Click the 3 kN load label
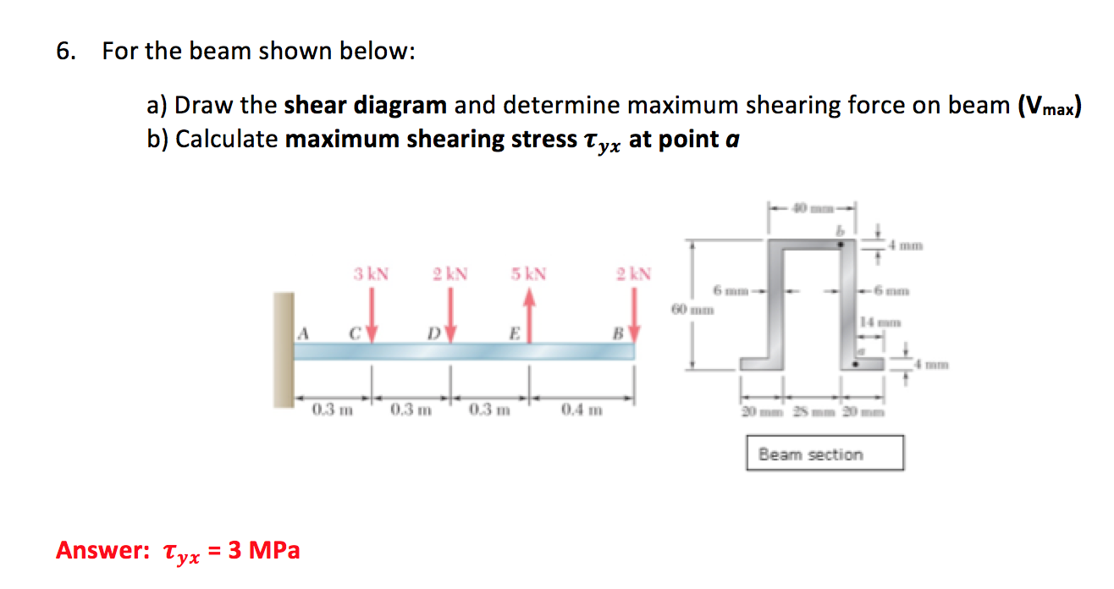pos(371,274)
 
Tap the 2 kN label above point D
pos(449,274)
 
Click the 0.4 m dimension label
pos(582,411)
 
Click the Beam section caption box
pos(824,454)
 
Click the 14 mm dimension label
pos(876,322)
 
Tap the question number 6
pos(64,52)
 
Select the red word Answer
pos(102,551)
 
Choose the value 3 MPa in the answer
pos(264,551)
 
